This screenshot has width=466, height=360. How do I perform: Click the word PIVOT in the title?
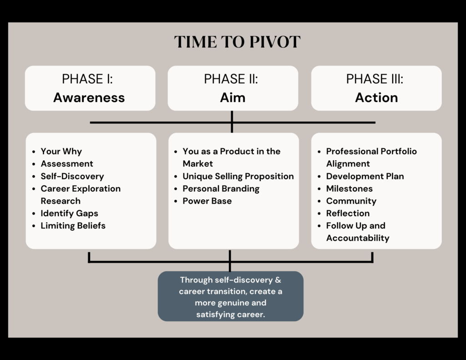[x=275, y=41]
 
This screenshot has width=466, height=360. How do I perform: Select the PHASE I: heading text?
[x=87, y=79]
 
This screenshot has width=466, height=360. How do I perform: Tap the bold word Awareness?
[x=89, y=97]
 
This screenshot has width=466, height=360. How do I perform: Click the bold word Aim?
[x=233, y=97]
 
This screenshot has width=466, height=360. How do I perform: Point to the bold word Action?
[x=376, y=97]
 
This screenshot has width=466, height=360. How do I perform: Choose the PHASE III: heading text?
[x=375, y=79]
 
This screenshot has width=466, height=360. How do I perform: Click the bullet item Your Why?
[x=61, y=151]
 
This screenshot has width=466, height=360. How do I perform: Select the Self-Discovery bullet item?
[x=72, y=176]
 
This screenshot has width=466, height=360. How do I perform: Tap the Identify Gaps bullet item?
[x=69, y=213]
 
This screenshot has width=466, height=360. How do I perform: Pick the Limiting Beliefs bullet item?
[x=73, y=226]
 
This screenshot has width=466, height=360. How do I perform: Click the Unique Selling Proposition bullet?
[x=238, y=176]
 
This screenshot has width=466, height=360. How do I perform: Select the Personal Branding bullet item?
[x=221, y=189]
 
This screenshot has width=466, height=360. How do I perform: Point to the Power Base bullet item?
[x=207, y=201]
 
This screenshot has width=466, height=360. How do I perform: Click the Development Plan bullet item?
[x=365, y=176]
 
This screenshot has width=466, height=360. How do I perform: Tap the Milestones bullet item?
[x=349, y=188]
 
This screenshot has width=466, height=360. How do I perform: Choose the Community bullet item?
[x=351, y=201]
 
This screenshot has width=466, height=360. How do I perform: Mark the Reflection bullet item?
[x=348, y=213]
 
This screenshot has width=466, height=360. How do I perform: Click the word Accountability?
[x=358, y=238]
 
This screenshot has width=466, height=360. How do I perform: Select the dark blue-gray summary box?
[x=231, y=296]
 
